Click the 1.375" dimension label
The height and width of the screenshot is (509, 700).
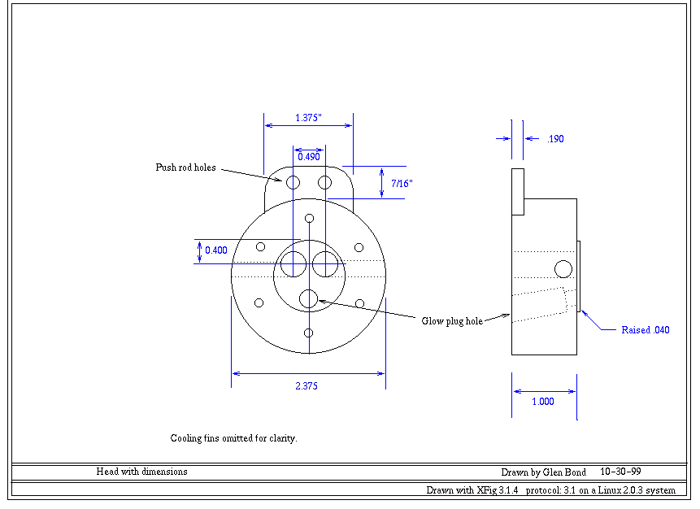point(308,118)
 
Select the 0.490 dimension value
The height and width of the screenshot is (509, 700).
point(308,156)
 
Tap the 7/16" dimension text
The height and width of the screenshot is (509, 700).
point(402,184)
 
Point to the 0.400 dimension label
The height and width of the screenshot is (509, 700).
point(216,250)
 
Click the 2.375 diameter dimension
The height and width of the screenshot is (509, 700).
point(306,386)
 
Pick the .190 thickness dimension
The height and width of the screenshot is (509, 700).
point(555,139)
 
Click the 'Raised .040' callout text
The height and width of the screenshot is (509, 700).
point(646,330)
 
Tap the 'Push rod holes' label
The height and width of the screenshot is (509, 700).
point(186,167)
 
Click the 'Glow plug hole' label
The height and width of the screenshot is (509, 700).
point(452,321)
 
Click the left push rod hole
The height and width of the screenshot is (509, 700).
point(293,181)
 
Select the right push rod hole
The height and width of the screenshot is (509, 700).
point(324,181)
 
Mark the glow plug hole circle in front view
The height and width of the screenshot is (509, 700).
point(308,299)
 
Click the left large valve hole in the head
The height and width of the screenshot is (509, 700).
point(293,264)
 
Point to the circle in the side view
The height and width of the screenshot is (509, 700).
point(563,268)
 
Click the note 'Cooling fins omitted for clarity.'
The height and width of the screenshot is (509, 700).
point(234,438)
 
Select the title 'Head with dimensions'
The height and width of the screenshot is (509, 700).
point(142,472)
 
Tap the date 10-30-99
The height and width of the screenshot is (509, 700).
point(622,472)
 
